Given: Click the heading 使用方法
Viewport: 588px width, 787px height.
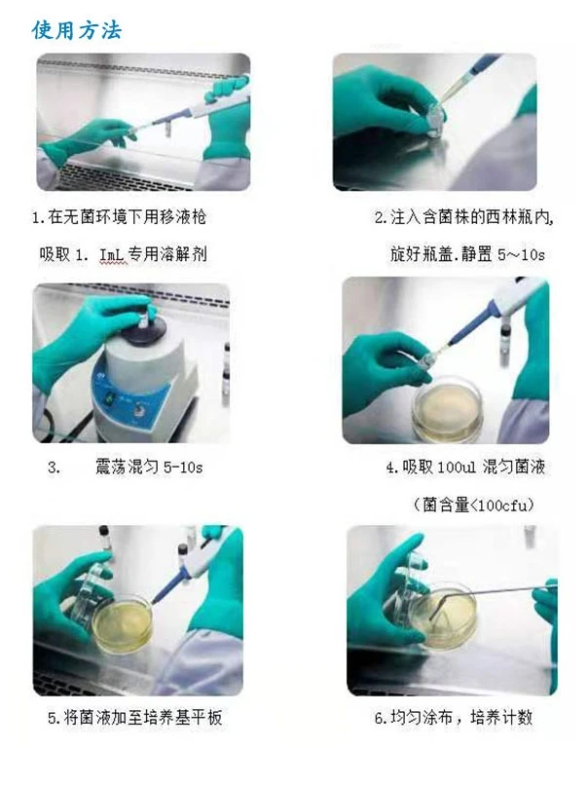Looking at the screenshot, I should point(77,29).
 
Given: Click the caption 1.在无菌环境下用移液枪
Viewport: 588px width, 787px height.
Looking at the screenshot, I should point(119,216).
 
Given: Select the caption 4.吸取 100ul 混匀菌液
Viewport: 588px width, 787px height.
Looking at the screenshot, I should point(465,468).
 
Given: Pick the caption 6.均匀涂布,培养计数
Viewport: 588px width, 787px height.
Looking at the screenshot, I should point(453,718).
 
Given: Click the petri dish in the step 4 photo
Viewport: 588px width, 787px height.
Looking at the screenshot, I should point(447,407).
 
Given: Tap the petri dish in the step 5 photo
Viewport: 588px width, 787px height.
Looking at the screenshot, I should point(122,624).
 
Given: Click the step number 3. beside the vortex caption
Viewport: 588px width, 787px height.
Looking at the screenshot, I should point(54,468).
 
